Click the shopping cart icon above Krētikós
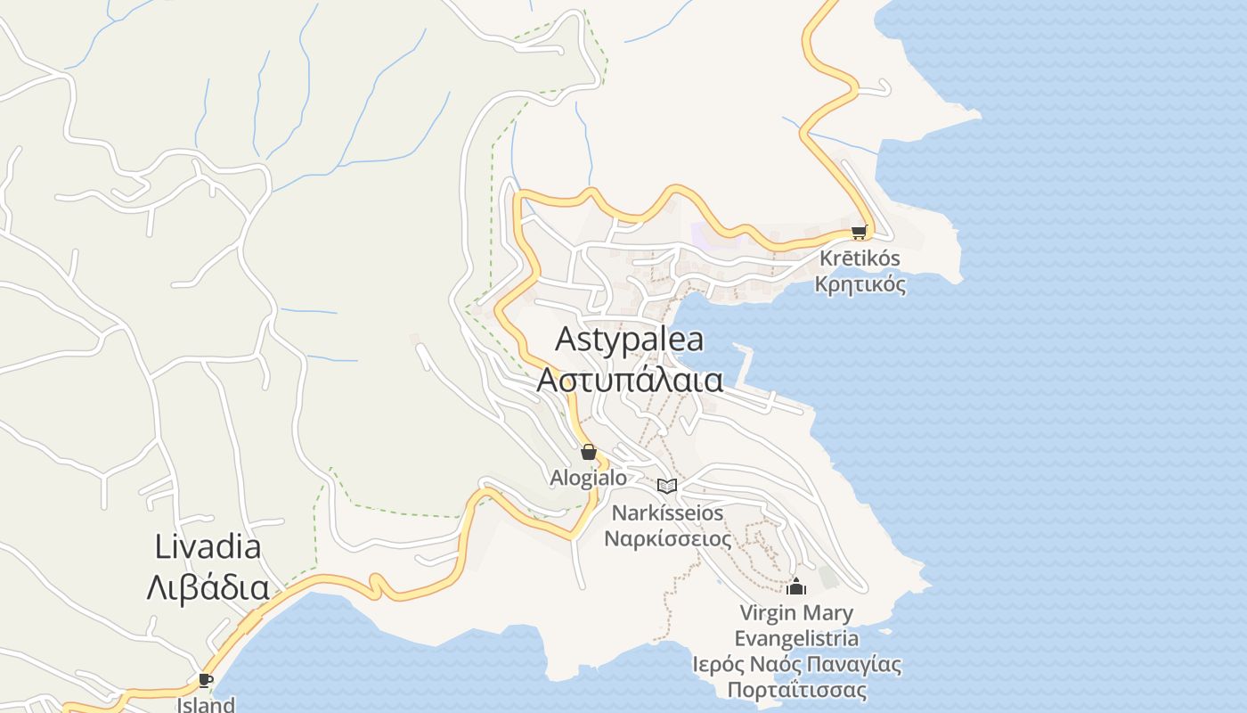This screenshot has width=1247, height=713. (859, 232)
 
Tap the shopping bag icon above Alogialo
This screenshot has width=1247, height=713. (588, 452)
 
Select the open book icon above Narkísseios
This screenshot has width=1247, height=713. (667, 486)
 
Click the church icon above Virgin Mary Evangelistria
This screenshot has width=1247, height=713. (796, 586)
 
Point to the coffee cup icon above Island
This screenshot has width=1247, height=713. (206, 681)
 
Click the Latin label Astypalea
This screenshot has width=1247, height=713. (629, 339)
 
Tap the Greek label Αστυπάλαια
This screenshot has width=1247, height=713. (629, 380)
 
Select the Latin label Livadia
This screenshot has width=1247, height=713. (208, 546)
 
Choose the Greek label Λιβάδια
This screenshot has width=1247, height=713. (208, 587)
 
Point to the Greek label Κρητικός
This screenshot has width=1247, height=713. (860, 284)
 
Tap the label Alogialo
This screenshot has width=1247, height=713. (588, 478)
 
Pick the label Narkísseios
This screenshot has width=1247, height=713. (667, 513)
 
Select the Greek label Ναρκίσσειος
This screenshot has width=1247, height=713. (667, 538)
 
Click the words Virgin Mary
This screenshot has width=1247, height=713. (796, 613)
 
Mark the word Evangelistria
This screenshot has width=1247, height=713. (796, 638)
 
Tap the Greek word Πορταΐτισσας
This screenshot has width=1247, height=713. (796, 690)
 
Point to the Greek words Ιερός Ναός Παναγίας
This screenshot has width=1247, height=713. (796, 664)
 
